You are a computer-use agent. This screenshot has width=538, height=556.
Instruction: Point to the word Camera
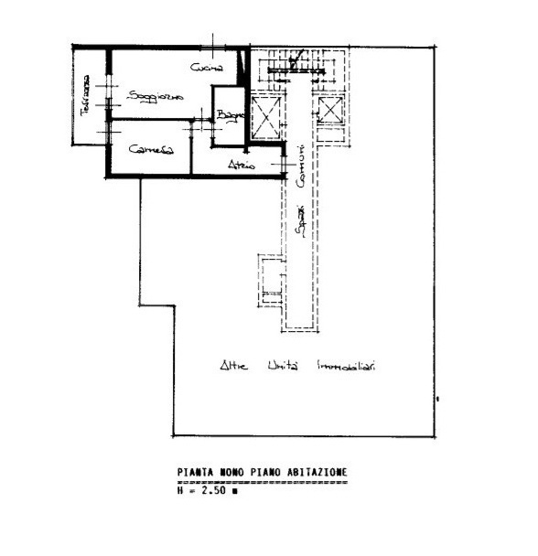point(151,149)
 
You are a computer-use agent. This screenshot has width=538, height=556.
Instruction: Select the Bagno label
point(229,116)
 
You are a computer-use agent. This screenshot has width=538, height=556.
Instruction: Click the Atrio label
point(242,166)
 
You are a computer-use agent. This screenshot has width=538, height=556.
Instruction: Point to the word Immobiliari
point(348,366)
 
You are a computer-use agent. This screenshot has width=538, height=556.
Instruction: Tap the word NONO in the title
point(232,473)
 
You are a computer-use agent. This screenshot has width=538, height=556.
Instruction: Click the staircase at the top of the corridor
point(294,66)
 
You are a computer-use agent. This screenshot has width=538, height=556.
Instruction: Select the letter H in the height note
point(180,490)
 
